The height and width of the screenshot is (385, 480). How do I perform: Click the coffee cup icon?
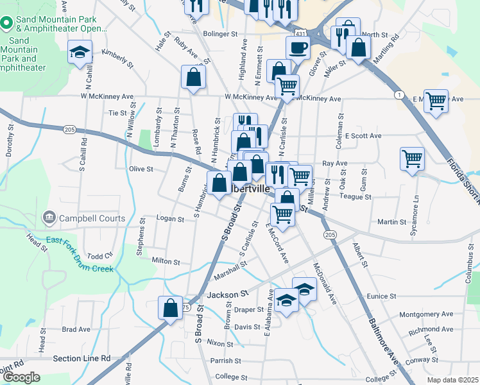pos(298,47)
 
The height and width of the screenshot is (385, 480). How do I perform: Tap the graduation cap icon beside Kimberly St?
pos(80,51)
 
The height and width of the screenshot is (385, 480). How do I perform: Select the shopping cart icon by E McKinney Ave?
pos(436,100)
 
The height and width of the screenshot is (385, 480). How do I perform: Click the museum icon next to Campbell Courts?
pos(49,218)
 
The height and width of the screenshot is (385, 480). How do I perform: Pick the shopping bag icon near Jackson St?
pos(171,308)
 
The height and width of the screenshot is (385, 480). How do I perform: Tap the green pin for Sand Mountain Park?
pos(6,24)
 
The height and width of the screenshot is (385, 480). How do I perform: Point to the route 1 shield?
pos(399,95)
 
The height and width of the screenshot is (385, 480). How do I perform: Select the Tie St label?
pos(117,113)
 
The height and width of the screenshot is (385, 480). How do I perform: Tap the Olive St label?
pos(141,169)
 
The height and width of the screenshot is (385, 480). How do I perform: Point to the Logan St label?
pos(170,219)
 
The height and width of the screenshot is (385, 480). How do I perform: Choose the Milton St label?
pos(165,262)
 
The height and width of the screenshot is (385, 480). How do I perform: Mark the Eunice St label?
pos(381,296)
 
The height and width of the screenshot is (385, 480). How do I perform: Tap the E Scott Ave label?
pos(363,136)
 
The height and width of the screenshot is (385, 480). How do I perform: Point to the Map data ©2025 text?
pos(452,380)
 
